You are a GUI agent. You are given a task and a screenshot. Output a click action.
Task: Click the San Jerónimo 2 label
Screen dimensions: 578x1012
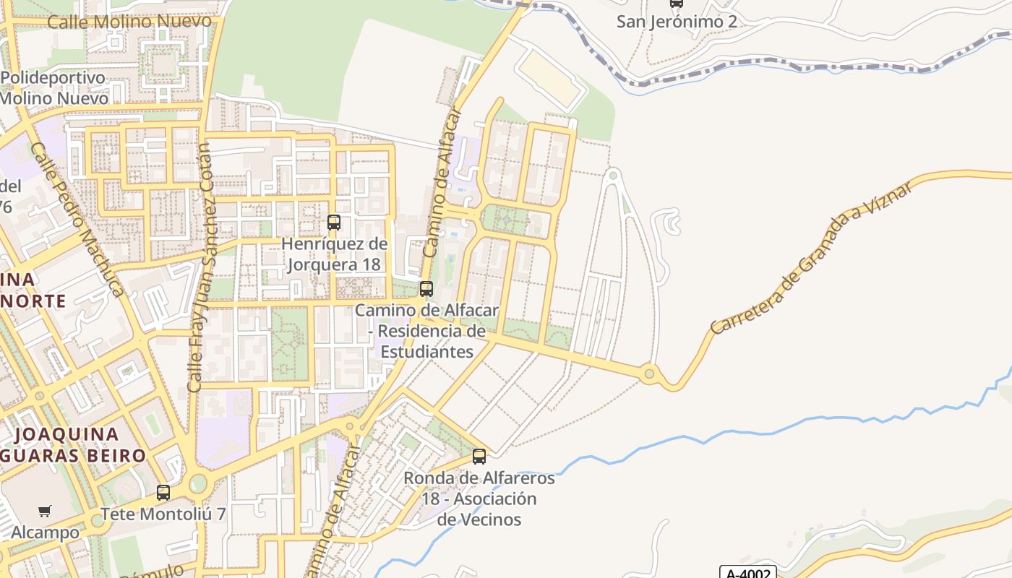[x=677, y=22]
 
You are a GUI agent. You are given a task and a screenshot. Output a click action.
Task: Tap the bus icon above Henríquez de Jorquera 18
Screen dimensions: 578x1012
[x=333, y=223]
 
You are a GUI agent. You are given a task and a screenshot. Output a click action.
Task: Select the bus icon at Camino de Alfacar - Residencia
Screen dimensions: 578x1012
[x=426, y=289]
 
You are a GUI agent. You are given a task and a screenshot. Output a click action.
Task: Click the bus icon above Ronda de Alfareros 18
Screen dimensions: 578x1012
[x=479, y=457]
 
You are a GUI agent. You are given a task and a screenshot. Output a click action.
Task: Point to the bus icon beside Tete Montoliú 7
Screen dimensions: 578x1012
[x=163, y=493]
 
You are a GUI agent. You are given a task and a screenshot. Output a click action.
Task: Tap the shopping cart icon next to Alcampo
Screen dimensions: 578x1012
[x=45, y=512]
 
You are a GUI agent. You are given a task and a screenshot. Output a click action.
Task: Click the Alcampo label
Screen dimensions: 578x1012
[x=45, y=532]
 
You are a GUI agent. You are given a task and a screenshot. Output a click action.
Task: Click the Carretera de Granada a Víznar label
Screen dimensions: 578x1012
[x=810, y=257]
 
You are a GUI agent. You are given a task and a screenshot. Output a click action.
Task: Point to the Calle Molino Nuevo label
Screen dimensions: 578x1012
[x=129, y=21]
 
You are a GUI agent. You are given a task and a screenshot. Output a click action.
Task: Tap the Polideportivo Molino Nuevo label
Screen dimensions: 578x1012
[x=54, y=88]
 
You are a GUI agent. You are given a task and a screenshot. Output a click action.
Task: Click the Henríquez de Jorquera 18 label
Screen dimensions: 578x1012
[x=334, y=254]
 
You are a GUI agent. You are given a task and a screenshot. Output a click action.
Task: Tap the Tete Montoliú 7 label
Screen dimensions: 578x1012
[x=163, y=514]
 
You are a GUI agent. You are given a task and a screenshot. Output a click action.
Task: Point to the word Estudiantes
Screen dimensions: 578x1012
[x=426, y=352]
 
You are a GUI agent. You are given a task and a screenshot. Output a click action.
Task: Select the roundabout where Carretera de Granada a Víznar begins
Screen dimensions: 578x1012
[x=649, y=374]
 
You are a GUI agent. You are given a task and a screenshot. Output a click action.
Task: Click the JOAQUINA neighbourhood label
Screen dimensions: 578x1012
[x=67, y=434]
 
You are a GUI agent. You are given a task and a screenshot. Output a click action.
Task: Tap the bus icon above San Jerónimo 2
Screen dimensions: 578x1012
[x=676, y=3]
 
